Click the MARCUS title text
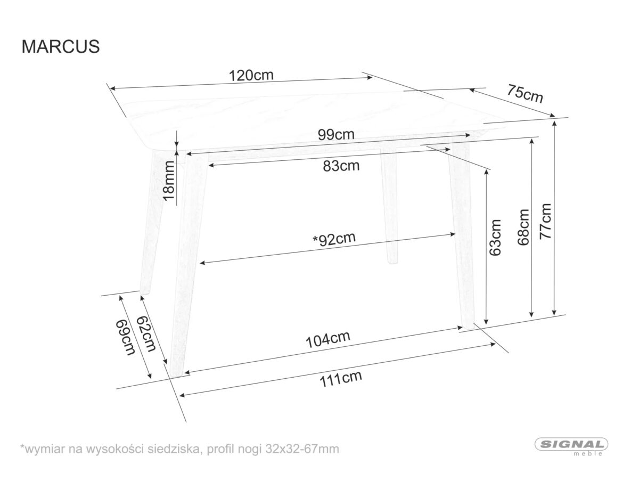[x=61, y=46]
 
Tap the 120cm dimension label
[x=251, y=75]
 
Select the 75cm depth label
[x=525, y=94]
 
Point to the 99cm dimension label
[x=336, y=134]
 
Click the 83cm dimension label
[x=341, y=166]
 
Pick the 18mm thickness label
[x=169, y=181]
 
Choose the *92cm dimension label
[x=334, y=239]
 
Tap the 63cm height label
[x=495, y=238]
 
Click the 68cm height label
[x=523, y=227]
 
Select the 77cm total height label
[x=545, y=222]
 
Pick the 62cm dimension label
[x=146, y=333]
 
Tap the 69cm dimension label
[x=126, y=337]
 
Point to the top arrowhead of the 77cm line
[x=554, y=124]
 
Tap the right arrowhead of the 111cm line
[x=493, y=345]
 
